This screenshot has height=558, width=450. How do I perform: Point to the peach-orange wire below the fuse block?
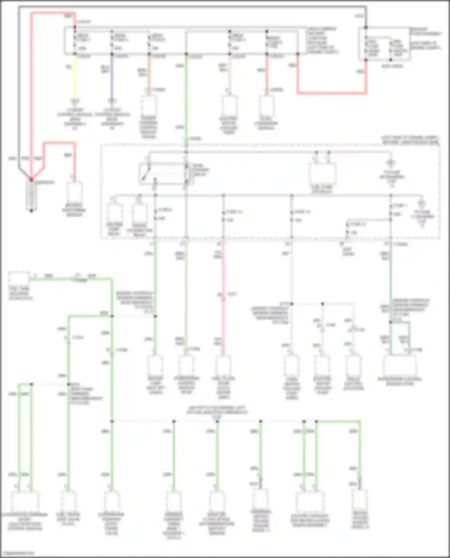pyautogui.click(x=149, y=72)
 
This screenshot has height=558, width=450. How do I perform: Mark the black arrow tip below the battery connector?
pyautogui.click(x=31, y=211)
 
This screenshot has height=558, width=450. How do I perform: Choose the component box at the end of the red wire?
pyautogui.click(x=74, y=192)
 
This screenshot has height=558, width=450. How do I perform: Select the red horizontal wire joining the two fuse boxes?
pyautogui.click(x=331, y=93)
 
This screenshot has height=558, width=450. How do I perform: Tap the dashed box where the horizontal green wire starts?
pyautogui.click(x=19, y=279)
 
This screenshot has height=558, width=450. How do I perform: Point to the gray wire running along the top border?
pyautogui.click(x=192, y=6)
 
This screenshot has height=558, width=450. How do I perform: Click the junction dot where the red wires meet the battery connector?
pyautogui.click(x=31, y=179)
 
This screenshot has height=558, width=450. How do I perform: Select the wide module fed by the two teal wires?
pyautogui.click(x=400, y=366)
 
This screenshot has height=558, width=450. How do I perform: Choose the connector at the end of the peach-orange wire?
pyautogui.click(x=149, y=105)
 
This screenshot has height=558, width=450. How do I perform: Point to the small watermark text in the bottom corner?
pyautogui.click(x=18, y=553)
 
